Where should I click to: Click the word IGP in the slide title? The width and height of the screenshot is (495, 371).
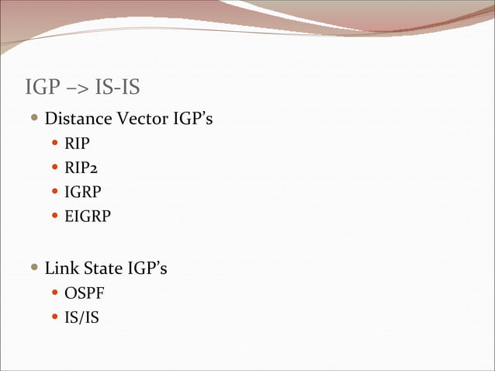click(43, 87)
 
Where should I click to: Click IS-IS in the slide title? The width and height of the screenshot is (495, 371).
click(117, 87)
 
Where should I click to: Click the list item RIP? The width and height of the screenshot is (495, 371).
click(77, 144)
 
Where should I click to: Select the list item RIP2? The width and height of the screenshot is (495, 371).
click(81, 168)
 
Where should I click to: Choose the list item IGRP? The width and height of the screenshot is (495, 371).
click(82, 192)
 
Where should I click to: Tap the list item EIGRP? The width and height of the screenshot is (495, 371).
click(88, 216)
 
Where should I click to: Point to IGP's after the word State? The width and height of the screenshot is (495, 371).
click(147, 269)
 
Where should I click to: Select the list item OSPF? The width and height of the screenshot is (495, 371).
click(84, 293)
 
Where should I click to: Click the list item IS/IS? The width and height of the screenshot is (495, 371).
click(81, 317)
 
